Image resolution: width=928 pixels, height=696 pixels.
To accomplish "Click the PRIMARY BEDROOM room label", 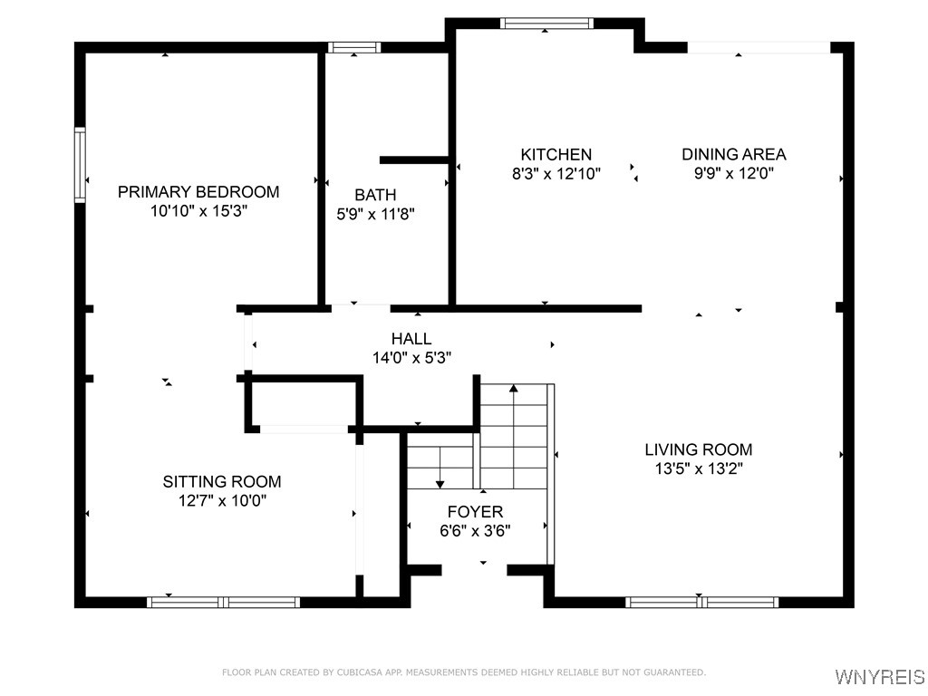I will pyautogui.click(x=198, y=191).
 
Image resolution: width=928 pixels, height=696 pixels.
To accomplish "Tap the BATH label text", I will pyautogui.click(x=375, y=195).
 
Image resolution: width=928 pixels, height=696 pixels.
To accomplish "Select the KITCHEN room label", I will pyautogui.click(x=556, y=154).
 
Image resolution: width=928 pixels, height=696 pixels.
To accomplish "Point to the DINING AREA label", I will pyautogui.click(x=733, y=154).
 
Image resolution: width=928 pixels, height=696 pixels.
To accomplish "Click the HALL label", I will pyautogui.click(x=411, y=339).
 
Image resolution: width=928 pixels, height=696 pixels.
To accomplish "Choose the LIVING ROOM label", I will pyautogui.click(x=698, y=449).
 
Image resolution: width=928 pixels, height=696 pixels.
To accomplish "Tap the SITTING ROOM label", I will pyautogui.click(x=222, y=481).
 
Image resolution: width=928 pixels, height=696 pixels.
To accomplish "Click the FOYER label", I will pyautogui.click(x=475, y=512).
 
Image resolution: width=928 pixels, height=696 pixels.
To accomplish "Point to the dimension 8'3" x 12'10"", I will pyautogui.click(x=556, y=173).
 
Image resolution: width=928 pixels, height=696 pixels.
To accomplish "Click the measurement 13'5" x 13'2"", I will pyautogui.click(x=698, y=469).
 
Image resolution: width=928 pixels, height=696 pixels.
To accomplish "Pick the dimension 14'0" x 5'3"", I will pyautogui.click(x=411, y=358).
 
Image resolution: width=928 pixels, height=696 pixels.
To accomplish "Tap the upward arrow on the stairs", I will pyautogui.click(x=514, y=390).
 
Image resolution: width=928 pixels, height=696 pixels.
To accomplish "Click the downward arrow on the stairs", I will pyautogui.click(x=440, y=483).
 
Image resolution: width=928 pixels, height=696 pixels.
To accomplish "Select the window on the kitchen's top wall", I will pyautogui.click(x=546, y=24).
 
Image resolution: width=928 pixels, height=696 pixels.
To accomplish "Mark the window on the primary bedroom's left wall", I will pyautogui.click(x=80, y=165).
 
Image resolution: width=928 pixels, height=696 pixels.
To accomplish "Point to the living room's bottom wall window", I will pyautogui.click(x=702, y=602).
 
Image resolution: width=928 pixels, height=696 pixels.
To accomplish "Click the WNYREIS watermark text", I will pyautogui.click(x=879, y=677).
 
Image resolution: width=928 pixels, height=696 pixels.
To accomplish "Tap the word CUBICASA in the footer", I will pyautogui.click(x=356, y=672).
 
